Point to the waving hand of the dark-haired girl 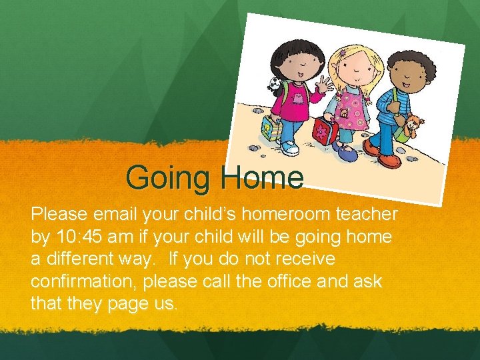[325, 85]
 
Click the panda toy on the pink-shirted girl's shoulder [274, 84]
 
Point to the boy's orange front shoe [389, 160]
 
